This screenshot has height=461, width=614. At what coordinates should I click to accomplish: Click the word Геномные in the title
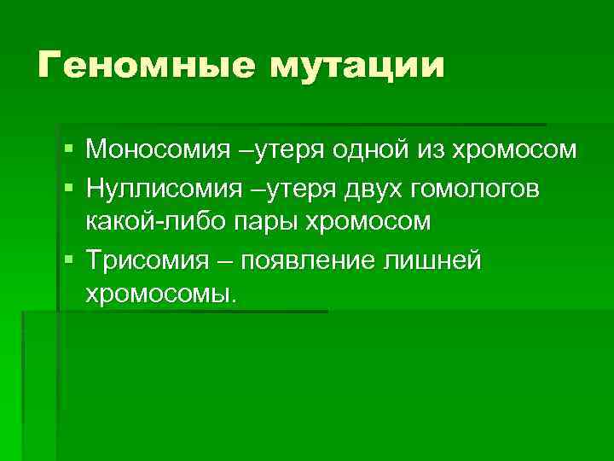[142, 66]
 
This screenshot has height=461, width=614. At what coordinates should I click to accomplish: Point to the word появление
[308, 260]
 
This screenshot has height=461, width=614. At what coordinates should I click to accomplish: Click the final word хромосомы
[159, 295]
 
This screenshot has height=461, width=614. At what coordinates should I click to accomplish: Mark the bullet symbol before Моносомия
[68, 150]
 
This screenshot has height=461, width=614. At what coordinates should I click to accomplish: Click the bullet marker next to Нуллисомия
[68, 187]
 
